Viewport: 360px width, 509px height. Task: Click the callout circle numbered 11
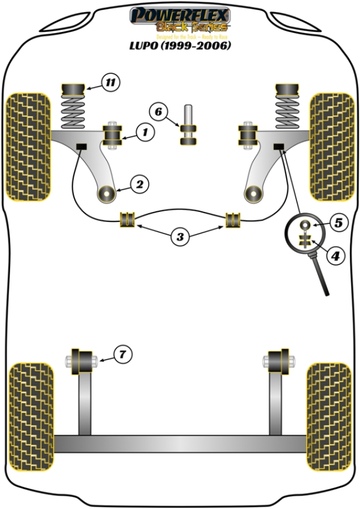110,83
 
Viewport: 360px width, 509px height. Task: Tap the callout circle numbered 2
139,184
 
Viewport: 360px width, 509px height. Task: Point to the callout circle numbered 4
335,256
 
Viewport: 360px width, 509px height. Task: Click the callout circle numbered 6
158,112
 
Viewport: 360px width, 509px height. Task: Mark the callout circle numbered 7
122,355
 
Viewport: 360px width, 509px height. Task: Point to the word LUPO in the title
149,45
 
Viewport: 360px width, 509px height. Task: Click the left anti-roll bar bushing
127,220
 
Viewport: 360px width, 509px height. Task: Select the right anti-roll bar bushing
233,220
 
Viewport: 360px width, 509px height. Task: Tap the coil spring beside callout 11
73,112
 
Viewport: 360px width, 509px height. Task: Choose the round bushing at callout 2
108,194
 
